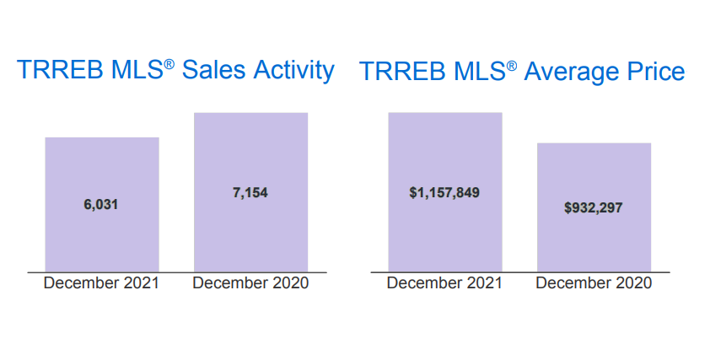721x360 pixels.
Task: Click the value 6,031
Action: [102, 205]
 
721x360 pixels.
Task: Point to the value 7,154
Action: [250, 193]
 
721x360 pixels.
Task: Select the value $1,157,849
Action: [444, 193]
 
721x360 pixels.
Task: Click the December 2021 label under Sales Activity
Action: [101, 283]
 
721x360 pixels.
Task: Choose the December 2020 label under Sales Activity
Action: [250, 283]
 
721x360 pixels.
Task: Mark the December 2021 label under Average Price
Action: [444, 283]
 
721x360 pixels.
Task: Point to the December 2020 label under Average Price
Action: [594, 283]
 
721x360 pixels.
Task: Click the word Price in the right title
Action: [655, 72]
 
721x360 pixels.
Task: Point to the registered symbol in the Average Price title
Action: [512, 65]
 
